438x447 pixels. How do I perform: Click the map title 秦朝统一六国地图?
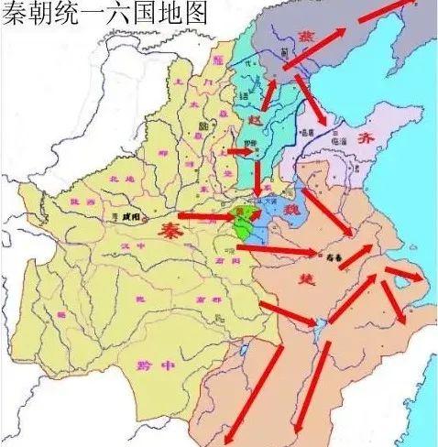point(104,14)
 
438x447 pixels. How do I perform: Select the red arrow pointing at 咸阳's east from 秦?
point(206,217)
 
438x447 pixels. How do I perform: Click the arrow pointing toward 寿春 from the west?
point(284,248)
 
